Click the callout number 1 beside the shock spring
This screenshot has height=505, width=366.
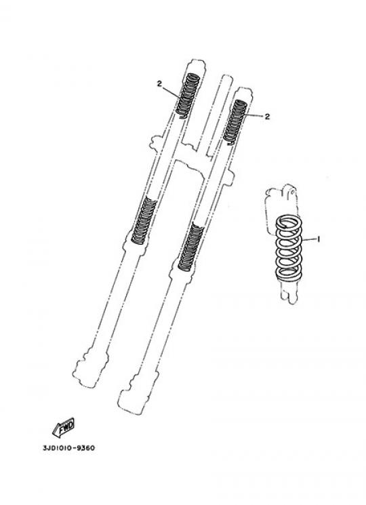pos(319,239)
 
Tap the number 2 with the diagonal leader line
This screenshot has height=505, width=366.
pos(159,83)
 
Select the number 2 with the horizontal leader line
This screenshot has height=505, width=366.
pos(267,117)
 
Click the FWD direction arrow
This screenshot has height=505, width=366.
pos(64,427)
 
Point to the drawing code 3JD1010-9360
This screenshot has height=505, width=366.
pos(69,448)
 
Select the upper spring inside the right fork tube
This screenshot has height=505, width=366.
pos(235,122)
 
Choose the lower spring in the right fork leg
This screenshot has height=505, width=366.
pos(191,246)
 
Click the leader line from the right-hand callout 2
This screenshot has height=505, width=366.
pos(255,115)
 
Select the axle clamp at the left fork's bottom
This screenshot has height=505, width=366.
pos(89,369)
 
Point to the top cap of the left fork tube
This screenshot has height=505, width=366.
pos(196,64)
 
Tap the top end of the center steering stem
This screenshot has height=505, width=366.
pos(226,79)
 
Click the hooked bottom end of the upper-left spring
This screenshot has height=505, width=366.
pos(182,117)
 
